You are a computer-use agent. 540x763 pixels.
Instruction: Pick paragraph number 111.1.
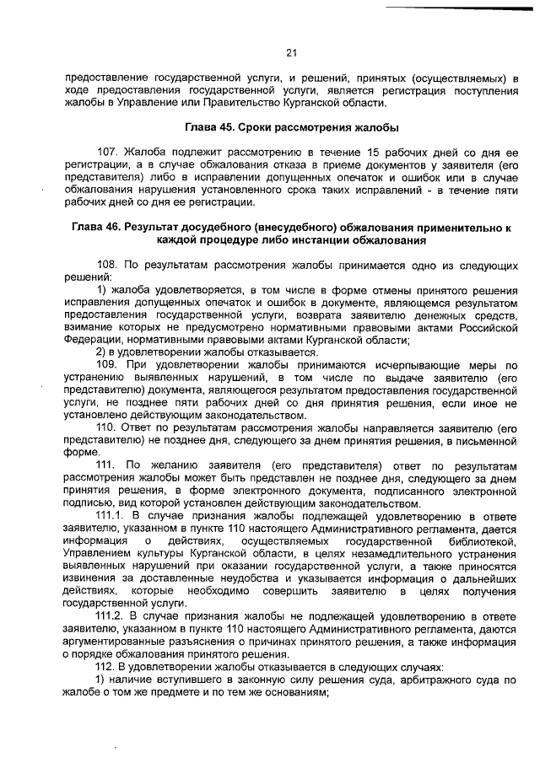tap(111, 513)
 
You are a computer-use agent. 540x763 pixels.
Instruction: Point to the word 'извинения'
tap(91, 580)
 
